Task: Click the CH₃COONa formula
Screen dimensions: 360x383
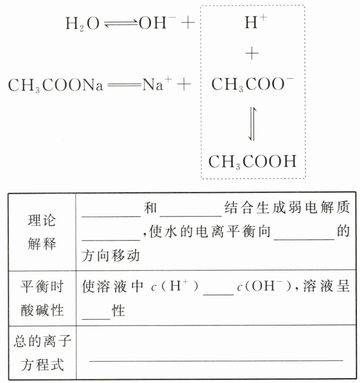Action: coord(55,85)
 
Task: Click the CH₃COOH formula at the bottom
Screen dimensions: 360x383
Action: coord(252,161)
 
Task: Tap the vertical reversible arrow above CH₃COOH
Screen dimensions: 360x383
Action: coord(253,123)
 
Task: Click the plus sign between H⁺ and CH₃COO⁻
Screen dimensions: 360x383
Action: coord(252,54)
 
